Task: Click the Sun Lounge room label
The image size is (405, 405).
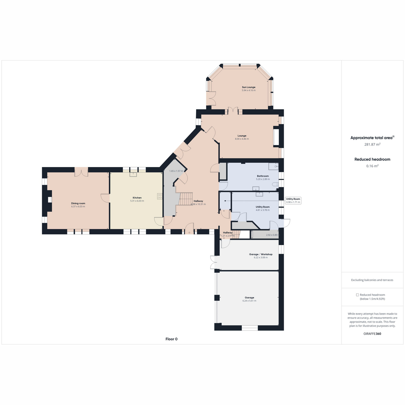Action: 248,87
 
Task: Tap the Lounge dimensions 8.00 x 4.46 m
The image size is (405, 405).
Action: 242,139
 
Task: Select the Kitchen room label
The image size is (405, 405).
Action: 137,197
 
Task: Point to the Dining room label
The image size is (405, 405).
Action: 78,203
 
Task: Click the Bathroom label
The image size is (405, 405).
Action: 263,176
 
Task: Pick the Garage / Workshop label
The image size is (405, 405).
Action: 261,254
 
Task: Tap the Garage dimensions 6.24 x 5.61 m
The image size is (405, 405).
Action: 249,301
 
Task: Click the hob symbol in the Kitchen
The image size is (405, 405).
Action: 160,196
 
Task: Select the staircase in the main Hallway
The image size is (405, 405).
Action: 186,199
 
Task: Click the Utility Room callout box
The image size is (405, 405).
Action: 293,200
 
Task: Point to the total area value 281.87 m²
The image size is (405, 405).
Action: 372,144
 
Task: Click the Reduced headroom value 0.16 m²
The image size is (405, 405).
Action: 372,166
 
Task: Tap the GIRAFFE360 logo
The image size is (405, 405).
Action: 372,333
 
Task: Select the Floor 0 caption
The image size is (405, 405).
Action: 171,339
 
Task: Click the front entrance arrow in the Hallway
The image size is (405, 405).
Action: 189,233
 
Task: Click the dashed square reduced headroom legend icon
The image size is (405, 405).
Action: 357,295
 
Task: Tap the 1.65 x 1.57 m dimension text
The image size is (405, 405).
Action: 176,171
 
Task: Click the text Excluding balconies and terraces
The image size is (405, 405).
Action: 372,280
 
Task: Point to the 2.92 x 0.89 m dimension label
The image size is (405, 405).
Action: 273,235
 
